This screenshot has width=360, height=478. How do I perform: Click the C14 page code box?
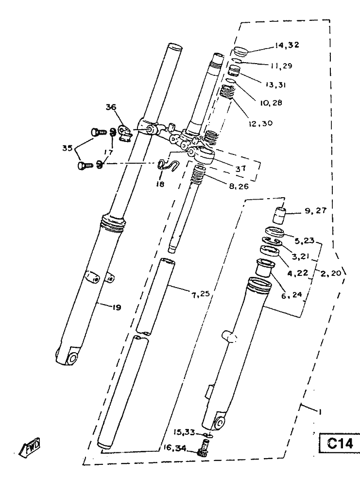[x=340, y=443]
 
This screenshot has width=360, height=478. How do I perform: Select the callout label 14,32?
[x=287, y=45]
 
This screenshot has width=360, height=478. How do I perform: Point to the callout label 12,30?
[x=260, y=123]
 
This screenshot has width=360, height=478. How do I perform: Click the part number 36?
[x=111, y=107]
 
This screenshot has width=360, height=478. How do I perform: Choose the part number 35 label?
[x=68, y=148]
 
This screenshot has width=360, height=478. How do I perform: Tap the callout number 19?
[x=117, y=307]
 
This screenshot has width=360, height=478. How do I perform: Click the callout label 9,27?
[x=315, y=211]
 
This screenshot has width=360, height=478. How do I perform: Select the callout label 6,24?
[x=291, y=295]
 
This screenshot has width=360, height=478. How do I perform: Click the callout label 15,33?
[x=184, y=432]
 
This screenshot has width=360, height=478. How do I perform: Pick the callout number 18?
[x=160, y=184]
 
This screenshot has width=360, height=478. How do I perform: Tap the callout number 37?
[x=240, y=168]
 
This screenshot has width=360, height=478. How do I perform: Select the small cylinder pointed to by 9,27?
[x=279, y=215]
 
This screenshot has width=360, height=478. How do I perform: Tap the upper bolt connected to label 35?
[x=99, y=132]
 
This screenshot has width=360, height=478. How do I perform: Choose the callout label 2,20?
[x=331, y=273]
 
